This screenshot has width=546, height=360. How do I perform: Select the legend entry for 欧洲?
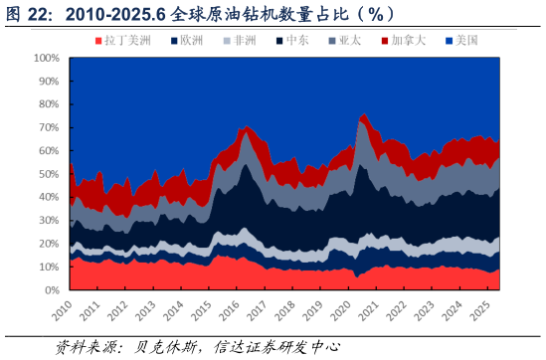click(x=188, y=41)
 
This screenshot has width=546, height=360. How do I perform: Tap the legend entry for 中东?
click(x=295, y=41)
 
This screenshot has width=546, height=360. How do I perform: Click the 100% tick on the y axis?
click(x=47, y=59)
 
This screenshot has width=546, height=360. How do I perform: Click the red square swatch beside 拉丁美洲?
click(x=97, y=41)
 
